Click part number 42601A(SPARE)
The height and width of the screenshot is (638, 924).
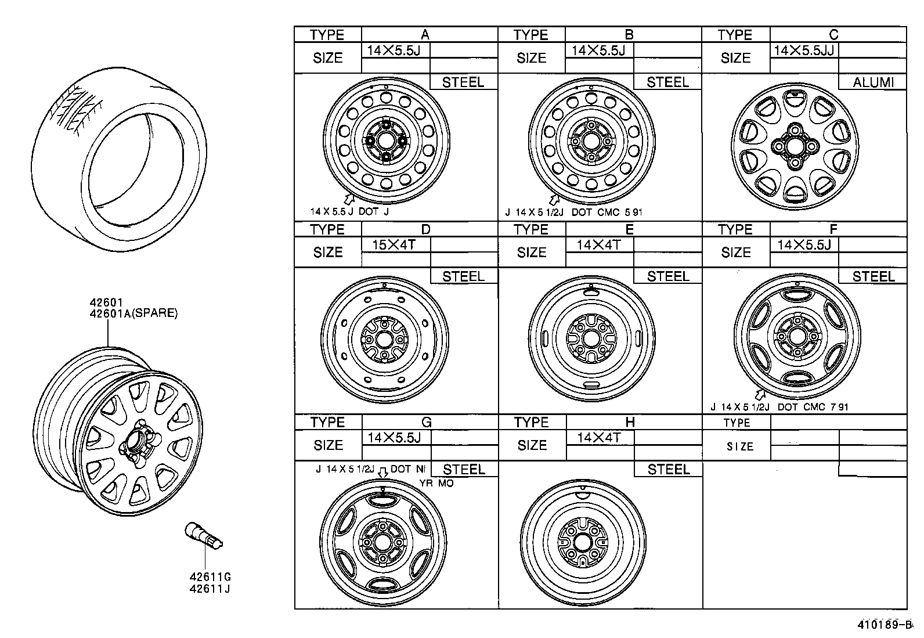(x=133, y=313)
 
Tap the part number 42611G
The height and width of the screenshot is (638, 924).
(x=210, y=577)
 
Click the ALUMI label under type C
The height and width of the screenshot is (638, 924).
(x=872, y=82)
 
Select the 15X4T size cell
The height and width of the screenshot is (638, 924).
(x=394, y=244)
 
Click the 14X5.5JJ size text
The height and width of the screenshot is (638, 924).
(x=804, y=51)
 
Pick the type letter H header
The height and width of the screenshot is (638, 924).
(x=630, y=423)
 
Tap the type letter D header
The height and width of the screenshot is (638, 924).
(x=425, y=229)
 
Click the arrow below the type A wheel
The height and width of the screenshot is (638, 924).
(x=349, y=199)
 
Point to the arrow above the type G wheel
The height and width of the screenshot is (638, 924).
(x=383, y=473)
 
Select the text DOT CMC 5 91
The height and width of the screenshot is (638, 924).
(x=607, y=212)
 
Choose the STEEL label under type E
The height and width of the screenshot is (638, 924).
(x=667, y=276)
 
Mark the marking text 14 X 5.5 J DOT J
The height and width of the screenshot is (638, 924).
(x=349, y=212)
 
